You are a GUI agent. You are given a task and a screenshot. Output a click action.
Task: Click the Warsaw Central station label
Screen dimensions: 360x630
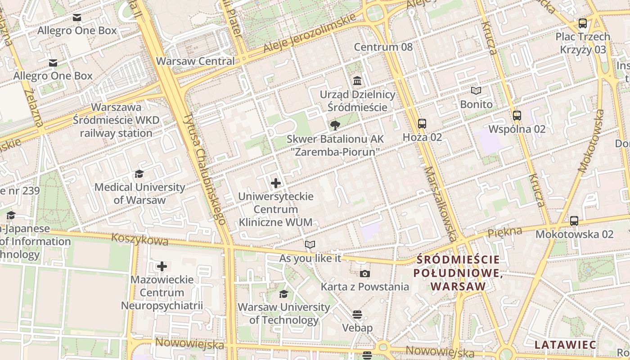coord(195,61)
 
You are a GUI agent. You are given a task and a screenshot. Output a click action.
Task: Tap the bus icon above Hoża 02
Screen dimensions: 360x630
coord(422,124)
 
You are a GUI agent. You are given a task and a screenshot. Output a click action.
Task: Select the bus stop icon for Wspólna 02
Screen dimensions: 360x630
coord(517,116)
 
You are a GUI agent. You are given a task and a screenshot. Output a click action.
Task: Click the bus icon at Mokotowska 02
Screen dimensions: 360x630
coord(574,221)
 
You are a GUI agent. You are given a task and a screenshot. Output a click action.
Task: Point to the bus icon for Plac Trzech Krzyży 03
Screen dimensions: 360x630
coord(583,23)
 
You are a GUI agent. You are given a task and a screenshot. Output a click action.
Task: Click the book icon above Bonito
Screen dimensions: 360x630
coord(476,91)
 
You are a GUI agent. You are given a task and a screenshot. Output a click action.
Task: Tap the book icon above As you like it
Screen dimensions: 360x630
coord(310,245)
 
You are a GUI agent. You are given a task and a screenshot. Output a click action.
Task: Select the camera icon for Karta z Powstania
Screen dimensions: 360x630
coord(364,274)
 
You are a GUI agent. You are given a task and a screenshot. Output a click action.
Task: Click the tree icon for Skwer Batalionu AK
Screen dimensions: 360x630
coord(335,126)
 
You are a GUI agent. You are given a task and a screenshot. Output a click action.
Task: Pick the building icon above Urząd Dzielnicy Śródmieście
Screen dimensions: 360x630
coord(357,81)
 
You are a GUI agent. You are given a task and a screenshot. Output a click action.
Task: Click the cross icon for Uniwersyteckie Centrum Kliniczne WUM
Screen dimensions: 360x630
coord(276,183)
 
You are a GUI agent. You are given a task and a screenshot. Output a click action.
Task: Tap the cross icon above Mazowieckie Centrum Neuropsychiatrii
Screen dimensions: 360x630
coord(162,266)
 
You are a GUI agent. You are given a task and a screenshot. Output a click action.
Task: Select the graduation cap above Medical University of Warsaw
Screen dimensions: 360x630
coord(139,174)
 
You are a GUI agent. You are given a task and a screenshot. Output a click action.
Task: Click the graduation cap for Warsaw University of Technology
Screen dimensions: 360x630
coord(283,294)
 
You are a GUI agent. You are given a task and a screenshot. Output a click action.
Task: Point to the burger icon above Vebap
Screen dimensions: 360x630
coord(357,314)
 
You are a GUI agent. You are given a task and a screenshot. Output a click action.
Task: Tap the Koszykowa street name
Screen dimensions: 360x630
coord(139,239)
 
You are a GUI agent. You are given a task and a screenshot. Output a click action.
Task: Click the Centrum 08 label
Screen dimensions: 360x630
coord(383,47)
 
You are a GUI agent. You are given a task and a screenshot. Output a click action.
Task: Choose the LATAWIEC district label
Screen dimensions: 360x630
coord(565,345)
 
